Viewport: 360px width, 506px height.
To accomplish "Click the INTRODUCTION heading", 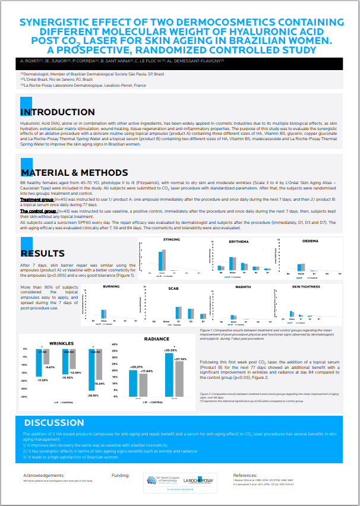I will click(57, 112).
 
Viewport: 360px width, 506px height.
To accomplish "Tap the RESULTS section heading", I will click(43, 253).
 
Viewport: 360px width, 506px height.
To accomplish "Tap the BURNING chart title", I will click(111, 286).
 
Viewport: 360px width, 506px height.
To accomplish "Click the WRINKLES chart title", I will click(61, 343).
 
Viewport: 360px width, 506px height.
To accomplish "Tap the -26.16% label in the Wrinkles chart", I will click(92, 394).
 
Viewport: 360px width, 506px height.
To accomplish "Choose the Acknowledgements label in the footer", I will click(43, 476).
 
